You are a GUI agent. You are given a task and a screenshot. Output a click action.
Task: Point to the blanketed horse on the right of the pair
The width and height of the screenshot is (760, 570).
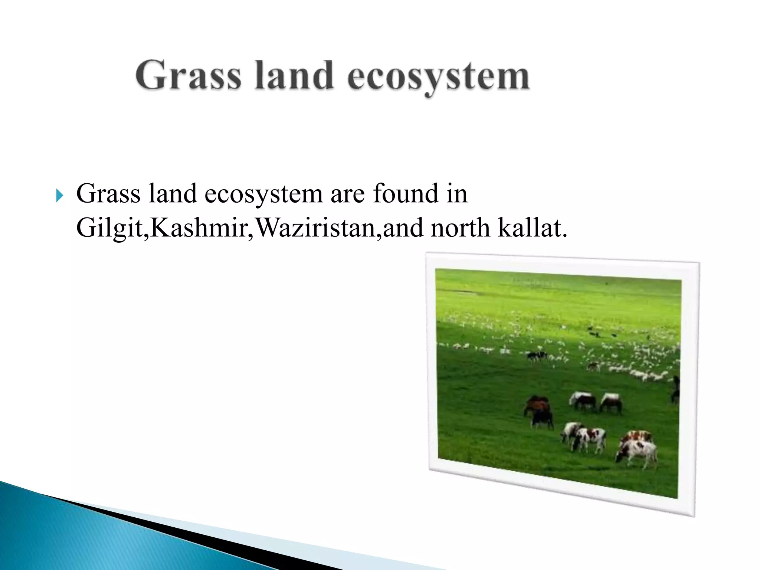click(x=611, y=403)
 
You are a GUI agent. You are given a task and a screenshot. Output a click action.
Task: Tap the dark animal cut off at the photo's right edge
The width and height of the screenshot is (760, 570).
click(x=676, y=389)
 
